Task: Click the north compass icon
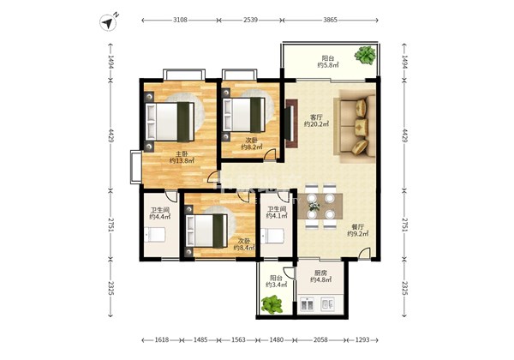(x=108, y=22)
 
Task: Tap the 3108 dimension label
(x=180, y=20)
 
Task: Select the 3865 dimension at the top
(x=330, y=20)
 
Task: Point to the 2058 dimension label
(x=320, y=339)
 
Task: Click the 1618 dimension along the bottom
(x=162, y=339)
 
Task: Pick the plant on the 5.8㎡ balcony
(x=365, y=55)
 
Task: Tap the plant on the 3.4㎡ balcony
(x=272, y=304)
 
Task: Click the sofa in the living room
(x=355, y=126)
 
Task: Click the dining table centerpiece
(x=314, y=207)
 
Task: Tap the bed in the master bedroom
(x=170, y=122)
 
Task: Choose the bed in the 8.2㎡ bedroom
(x=244, y=115)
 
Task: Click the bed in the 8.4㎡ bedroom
(x=206, y=231)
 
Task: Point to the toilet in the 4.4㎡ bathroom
(x=155, y=235)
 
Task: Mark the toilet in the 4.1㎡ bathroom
(x=273, y=236)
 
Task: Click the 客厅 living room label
(x=316, y=117)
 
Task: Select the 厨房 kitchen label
(x=320, y=273)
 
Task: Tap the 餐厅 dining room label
(x=357, y=227)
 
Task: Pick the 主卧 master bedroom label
(x=182, y=153)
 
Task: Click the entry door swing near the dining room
(x=363, y=253)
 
